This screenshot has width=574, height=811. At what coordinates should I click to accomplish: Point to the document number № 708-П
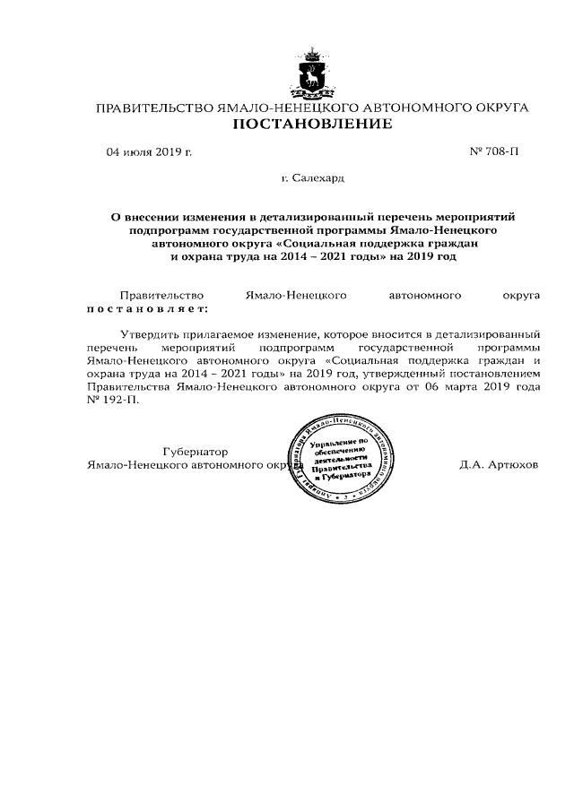(x=494, y=151)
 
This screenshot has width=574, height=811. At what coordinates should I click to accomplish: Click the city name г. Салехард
(x=312, y=179)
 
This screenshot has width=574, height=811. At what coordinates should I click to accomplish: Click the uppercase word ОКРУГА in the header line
(x=493, y=108)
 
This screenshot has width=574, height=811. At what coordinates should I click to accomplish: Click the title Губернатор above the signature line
(x=195, y=452)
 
